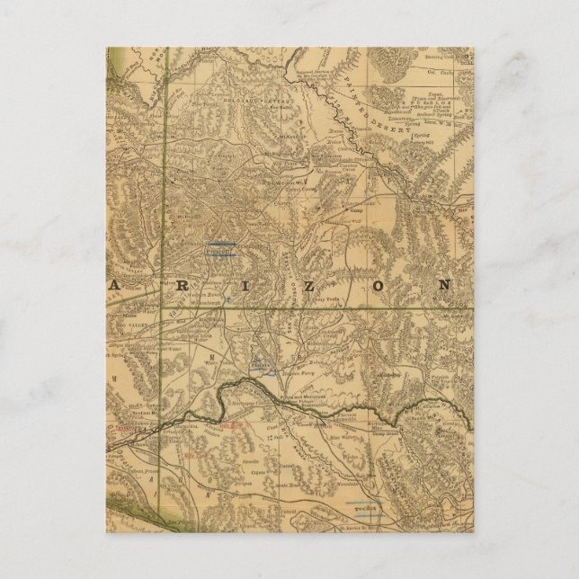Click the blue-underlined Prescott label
(219, 253)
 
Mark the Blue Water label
(316, 441)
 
